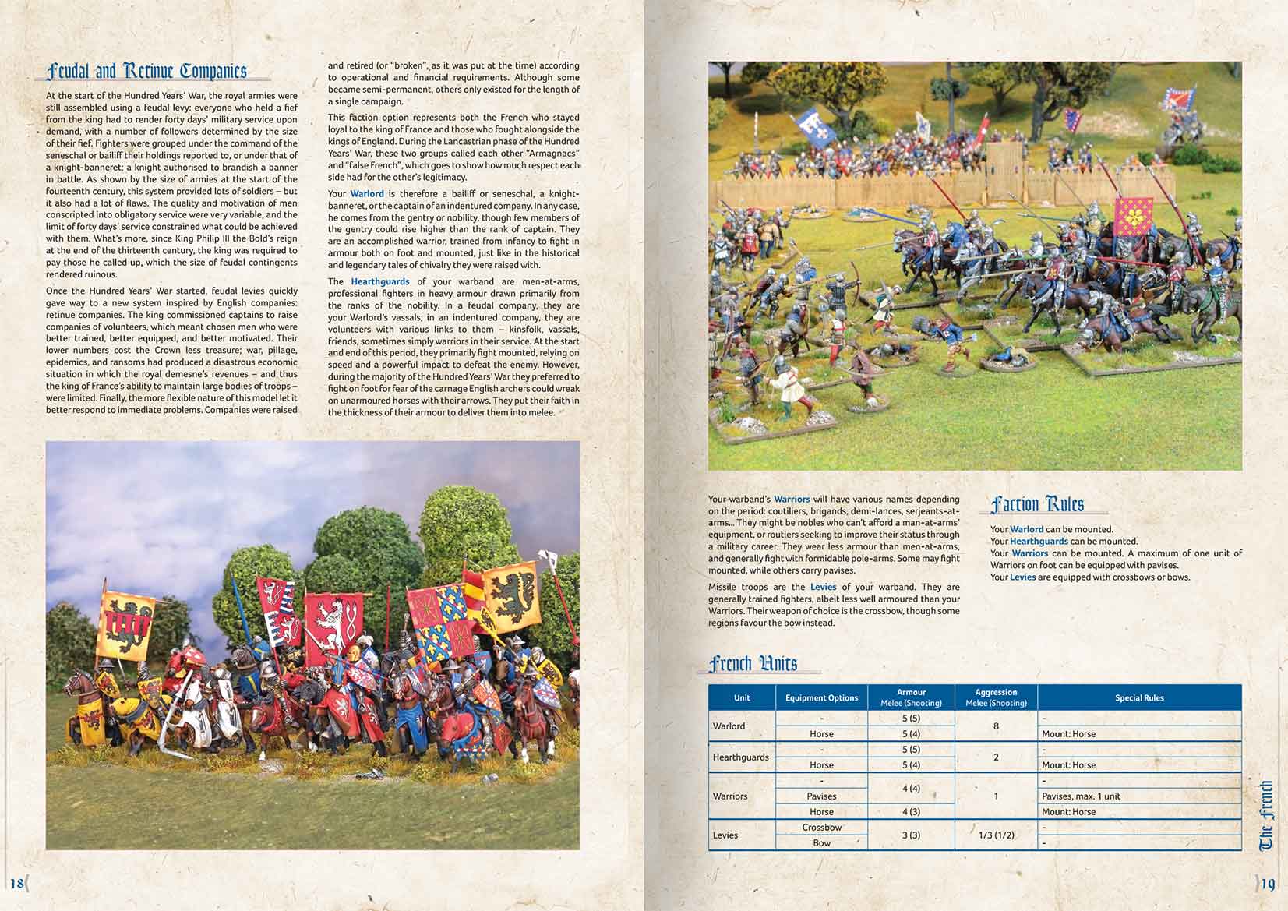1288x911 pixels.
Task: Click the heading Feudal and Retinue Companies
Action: click(146, 72)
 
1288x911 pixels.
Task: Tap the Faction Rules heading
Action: click(1037, 504)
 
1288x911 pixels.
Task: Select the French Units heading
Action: click(753, 663)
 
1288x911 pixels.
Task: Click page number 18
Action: click(16, 883)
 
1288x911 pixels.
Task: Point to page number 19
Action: click(1268, 884)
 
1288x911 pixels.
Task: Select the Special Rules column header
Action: click(1139, 698)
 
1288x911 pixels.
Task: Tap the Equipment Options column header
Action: click(821, 698)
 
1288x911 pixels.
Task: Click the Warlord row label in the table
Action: click(729, 726)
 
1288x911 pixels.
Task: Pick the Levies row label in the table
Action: click(725, 835)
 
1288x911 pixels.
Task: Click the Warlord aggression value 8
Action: click(996, 726)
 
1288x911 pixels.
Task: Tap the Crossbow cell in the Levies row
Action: click(821, 828)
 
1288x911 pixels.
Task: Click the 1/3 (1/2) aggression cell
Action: click(996, 835)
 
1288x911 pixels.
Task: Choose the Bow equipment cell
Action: click(821, 843)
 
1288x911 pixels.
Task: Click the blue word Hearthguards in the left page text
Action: click(379, 281)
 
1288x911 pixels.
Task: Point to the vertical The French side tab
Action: click(1266, 815)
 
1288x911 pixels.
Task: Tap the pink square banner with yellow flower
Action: click(1134, 216)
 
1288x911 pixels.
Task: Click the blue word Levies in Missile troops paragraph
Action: click(823, 587)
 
